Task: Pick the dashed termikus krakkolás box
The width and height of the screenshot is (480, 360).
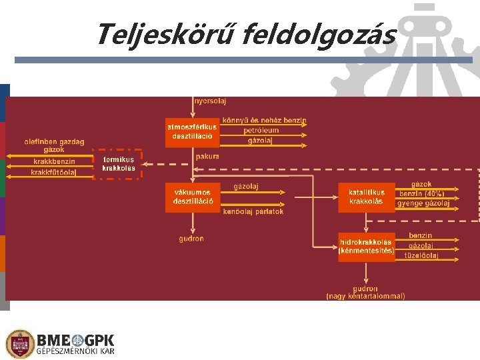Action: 117,164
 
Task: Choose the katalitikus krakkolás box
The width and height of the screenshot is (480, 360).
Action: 367,197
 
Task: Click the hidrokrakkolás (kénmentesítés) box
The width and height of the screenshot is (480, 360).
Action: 366,246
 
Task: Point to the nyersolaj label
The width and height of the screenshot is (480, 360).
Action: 211,101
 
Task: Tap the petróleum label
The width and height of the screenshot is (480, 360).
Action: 261,131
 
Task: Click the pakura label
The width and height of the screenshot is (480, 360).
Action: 207,156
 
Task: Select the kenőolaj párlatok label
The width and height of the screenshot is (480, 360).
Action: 253,211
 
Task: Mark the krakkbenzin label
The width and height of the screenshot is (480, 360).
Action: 54,161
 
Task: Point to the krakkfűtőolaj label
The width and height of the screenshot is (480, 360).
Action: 53,173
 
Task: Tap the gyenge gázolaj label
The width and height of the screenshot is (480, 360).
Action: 423,203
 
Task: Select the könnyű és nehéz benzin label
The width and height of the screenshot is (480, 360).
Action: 264,121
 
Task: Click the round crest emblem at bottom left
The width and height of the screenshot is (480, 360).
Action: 20,344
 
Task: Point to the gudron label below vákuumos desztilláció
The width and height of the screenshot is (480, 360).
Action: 191,239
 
